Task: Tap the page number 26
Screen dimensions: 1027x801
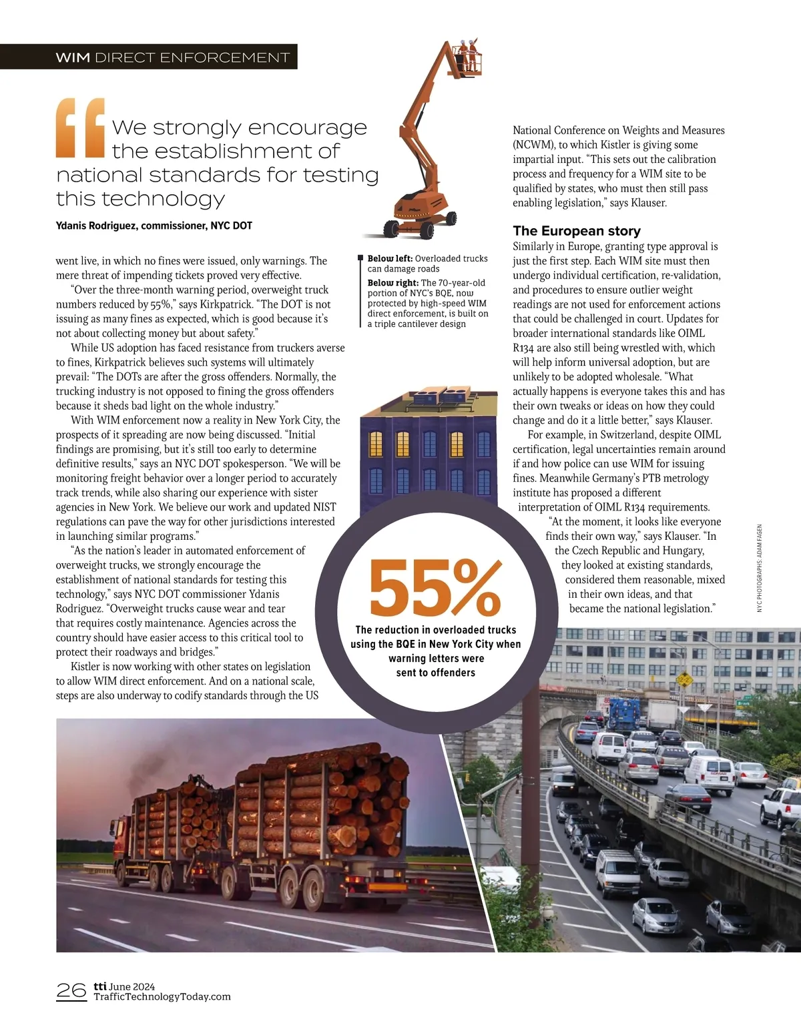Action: point(71,990)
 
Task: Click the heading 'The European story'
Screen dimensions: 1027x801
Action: point(577,231)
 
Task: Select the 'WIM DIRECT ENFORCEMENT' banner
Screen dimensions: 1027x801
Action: point(172,57)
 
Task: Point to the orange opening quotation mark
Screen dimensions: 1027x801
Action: point(81,127)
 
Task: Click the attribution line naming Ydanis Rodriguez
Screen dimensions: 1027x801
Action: point(154,226)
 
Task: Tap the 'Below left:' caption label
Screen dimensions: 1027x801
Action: point(390,258)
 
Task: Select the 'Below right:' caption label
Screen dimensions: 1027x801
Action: point(392,283)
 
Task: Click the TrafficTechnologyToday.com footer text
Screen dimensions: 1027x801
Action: point(162,997)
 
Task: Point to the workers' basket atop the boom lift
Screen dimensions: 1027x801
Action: point(467,57)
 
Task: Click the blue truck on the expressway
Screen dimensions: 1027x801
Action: point(622,714)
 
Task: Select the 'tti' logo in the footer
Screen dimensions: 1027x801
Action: point(100,986)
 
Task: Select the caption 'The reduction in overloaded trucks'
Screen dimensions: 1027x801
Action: point(435,630)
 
